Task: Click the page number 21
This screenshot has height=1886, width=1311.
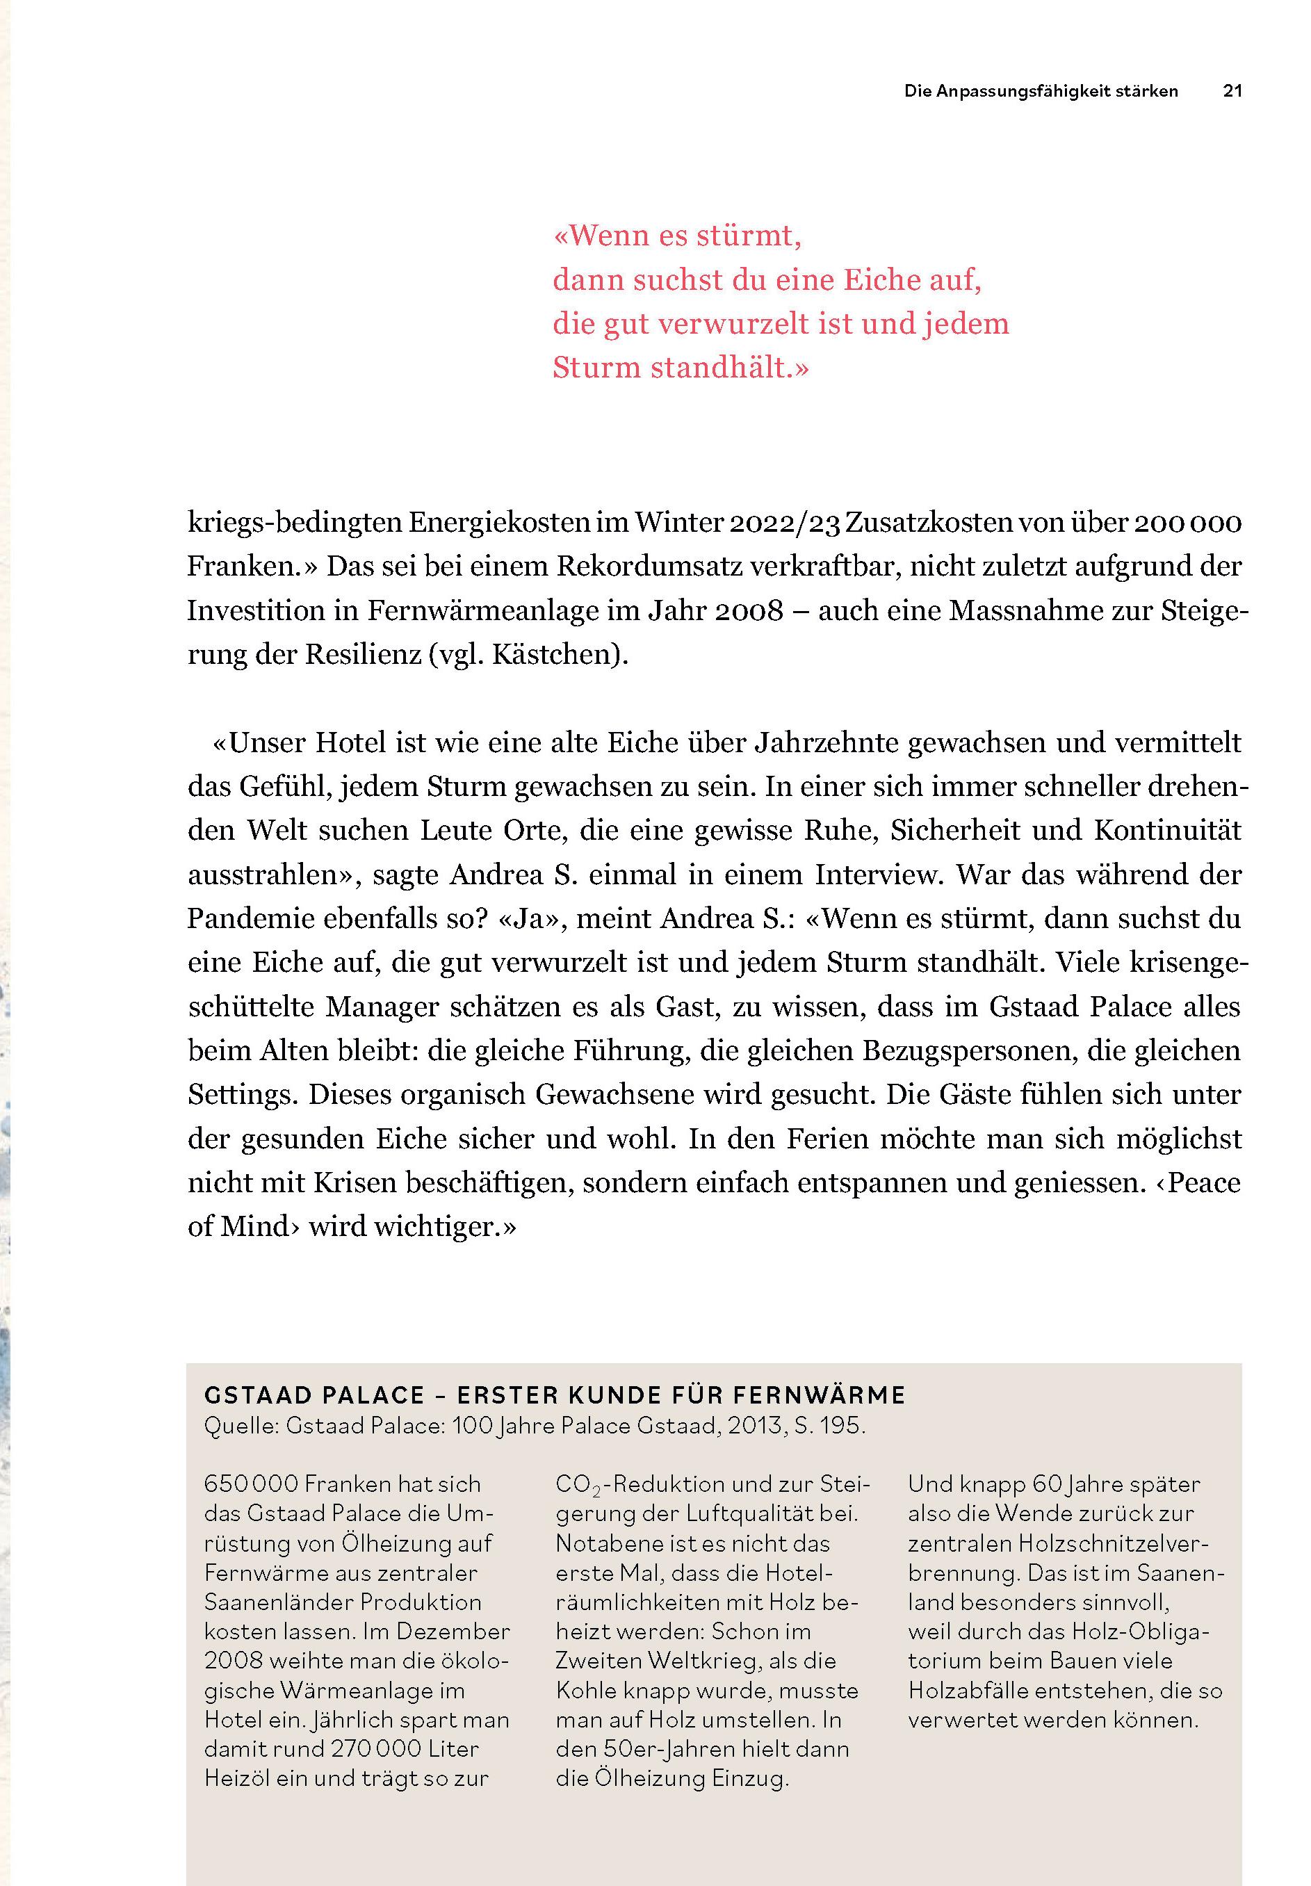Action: tap(1232, 91)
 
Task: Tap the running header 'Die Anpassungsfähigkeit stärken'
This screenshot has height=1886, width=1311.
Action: tap(1041, 91)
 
